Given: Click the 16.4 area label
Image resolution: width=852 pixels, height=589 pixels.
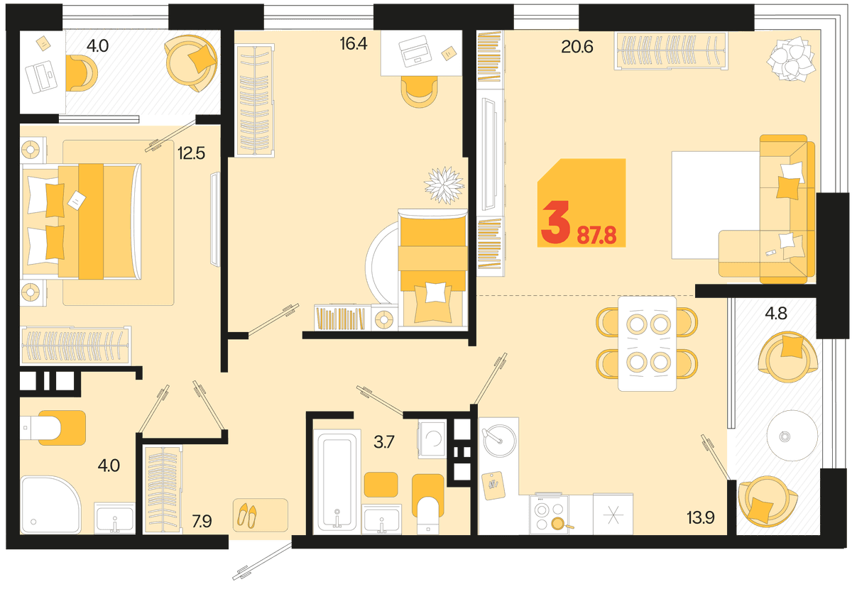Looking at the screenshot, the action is (354, 44).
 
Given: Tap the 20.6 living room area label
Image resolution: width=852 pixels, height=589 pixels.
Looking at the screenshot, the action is (577, 47).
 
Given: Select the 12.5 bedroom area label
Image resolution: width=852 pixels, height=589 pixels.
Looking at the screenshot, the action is (191, 153).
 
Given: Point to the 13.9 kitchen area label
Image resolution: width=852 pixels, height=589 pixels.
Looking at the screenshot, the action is (701, 517).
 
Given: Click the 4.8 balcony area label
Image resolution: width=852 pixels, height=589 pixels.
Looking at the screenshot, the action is (776, 314).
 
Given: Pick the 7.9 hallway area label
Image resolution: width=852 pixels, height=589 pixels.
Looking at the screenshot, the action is (202, 522).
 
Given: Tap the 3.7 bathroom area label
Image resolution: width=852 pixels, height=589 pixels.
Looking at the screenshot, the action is (384, 442).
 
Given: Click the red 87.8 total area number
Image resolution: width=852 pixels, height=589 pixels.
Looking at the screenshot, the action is (596, 236).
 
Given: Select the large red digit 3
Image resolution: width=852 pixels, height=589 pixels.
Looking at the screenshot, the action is (556, 222).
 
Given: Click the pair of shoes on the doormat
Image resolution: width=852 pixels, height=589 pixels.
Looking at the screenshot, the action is (247, 515).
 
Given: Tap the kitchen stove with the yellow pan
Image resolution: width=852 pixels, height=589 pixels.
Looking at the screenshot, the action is (550, 514).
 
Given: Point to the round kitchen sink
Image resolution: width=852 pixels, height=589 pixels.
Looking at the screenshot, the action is (498, 440).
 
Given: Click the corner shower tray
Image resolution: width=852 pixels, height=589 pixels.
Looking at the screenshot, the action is (50, 505).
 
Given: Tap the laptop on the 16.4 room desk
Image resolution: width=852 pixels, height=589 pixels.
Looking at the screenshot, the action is (415, 52).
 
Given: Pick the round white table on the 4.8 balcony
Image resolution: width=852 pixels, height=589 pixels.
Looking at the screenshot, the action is (792, 436).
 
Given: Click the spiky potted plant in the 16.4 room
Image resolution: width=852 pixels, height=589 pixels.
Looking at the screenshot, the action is (444, 185).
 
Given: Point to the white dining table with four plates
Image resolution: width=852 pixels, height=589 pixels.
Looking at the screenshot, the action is (647, 343).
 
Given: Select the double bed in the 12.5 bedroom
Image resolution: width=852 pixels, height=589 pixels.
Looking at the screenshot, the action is (82, 221).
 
